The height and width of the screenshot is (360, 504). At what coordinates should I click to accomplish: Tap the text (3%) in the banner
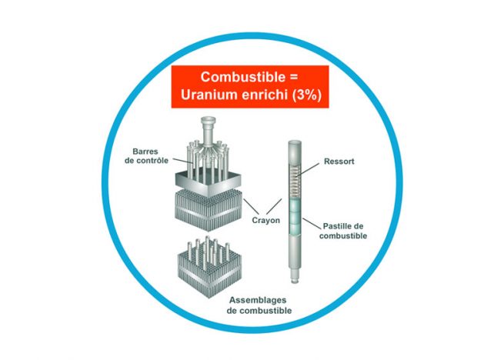[x=304, y=97]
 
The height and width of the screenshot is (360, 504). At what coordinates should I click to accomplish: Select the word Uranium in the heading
[x=212, y=97]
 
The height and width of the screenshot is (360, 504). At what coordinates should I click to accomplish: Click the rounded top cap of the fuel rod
[x=295, y=143]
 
